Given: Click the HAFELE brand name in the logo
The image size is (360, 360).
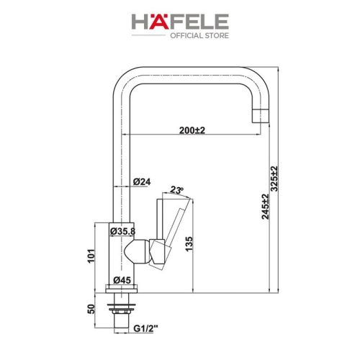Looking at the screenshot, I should point(180,22).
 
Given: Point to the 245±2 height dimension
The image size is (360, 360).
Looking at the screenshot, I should point(266,206).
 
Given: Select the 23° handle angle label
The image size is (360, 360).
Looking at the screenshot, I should point(176,190).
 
